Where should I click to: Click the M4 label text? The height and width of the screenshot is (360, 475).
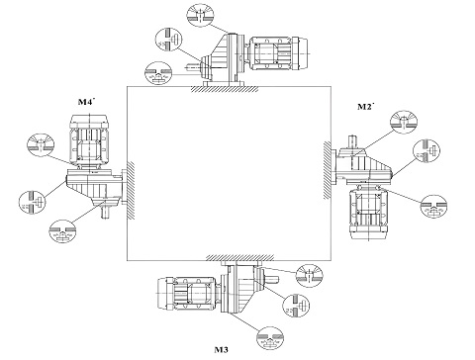(x=84, y=102)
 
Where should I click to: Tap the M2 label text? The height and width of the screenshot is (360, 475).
(x=364, y=107)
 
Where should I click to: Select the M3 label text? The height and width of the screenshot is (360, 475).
(x=221, y=349)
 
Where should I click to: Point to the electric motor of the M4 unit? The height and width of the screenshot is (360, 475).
(x=89, y=141)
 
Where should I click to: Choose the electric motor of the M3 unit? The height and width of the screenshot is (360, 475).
(x=189, y=294)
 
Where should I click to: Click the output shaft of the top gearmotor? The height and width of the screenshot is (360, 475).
(x=194, y=67)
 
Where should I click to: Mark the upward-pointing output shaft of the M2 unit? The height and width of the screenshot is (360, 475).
(x=352, y=141)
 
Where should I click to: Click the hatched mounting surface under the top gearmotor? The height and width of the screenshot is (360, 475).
(x=225, y=89)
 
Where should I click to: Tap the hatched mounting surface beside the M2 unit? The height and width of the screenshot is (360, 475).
(x=328, y=170)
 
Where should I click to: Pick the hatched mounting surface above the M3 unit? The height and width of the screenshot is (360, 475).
(x=239, y=257)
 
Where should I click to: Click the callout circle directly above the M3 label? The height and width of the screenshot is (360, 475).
(x=270, y=340)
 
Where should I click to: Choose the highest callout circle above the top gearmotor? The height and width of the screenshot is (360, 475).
(x=200, y=14)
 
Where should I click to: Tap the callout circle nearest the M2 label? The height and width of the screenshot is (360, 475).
(x=404, y=123)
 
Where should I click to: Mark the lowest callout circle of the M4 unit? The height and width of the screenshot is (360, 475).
(x=62, y=231)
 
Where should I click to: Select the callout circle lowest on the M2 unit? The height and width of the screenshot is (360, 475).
(x=433, y=207)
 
